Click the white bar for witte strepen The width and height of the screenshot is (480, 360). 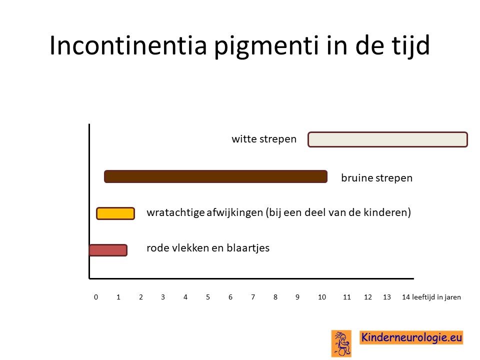[x=387, y=139]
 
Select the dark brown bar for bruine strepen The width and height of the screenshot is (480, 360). [x=216, y=176]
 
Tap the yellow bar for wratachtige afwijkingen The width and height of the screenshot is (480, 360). [x=115, y=213]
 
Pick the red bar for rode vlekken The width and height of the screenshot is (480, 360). [x=108, y=250]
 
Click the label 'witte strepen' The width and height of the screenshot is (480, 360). [x=264, y=139]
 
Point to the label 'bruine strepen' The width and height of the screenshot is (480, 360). [x=377, y=178]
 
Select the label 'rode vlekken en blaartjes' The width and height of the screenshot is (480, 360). [x=208, y=247]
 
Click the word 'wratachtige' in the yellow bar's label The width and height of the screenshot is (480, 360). [x=175, y=212]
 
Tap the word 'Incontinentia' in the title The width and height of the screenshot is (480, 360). [x=128, y=45]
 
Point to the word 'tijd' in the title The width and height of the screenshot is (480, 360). [x=410, y=46]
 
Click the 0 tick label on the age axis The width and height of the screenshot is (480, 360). [x=96, y=297]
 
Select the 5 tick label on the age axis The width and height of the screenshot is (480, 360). [x=208, y=297]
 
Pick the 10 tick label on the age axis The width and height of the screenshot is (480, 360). [x=321, y=297]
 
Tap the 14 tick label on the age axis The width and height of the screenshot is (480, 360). [x=406, y=297]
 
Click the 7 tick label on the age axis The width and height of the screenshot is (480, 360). [x=253, y=297]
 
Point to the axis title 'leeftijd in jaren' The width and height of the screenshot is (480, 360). [x=436, y=297]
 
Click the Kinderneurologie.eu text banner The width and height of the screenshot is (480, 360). [x=411, y=337]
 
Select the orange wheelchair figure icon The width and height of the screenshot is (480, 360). [x=341, y=343]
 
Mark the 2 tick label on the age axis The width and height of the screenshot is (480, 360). [x=141, y=297]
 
